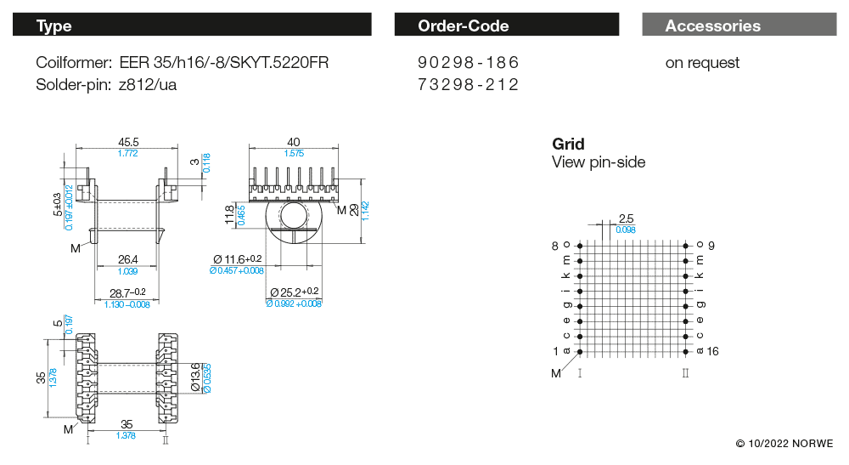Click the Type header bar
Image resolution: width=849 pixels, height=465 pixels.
click(192, 25)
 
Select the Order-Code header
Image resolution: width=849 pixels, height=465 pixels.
click(506, 25)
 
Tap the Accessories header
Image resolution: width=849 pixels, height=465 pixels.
click(739, 25)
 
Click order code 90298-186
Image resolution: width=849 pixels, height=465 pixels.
click(468, 62)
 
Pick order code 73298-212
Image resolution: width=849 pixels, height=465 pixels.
click(468, 84)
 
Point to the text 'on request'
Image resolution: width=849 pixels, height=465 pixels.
click(702, 63)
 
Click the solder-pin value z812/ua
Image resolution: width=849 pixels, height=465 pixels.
click(147, 84)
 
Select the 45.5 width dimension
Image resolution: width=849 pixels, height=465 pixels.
click(128, 142)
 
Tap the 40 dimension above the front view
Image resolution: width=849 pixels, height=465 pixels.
click(294, 142)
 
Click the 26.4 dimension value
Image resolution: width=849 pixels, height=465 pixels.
click(128, 259)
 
